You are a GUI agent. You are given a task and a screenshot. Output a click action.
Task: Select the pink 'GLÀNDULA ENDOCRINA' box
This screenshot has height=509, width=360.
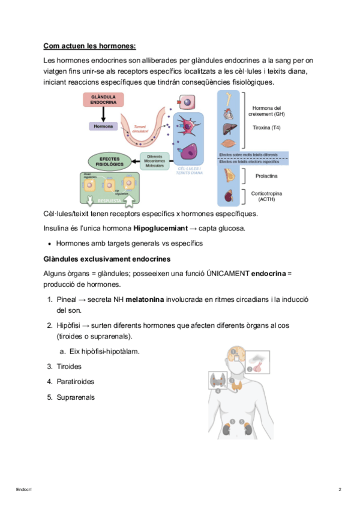(103, 100)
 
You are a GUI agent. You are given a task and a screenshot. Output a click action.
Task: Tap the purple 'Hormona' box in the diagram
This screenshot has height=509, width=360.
(103, 127)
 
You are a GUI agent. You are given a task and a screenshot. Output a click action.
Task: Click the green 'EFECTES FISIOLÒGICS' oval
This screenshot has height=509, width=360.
(110, 161)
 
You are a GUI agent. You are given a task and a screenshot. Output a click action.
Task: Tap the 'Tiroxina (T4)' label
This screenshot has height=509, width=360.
(266, 128)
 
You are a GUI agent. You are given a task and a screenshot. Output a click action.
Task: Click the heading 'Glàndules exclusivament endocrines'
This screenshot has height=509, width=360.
(107, 259)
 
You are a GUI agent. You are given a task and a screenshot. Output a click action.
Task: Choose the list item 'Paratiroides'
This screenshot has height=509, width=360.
(75, 381)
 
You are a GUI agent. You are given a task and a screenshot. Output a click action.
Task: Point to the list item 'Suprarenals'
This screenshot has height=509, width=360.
(76, 397)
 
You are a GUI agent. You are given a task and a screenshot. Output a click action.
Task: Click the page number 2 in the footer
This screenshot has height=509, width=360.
(340, 490)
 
